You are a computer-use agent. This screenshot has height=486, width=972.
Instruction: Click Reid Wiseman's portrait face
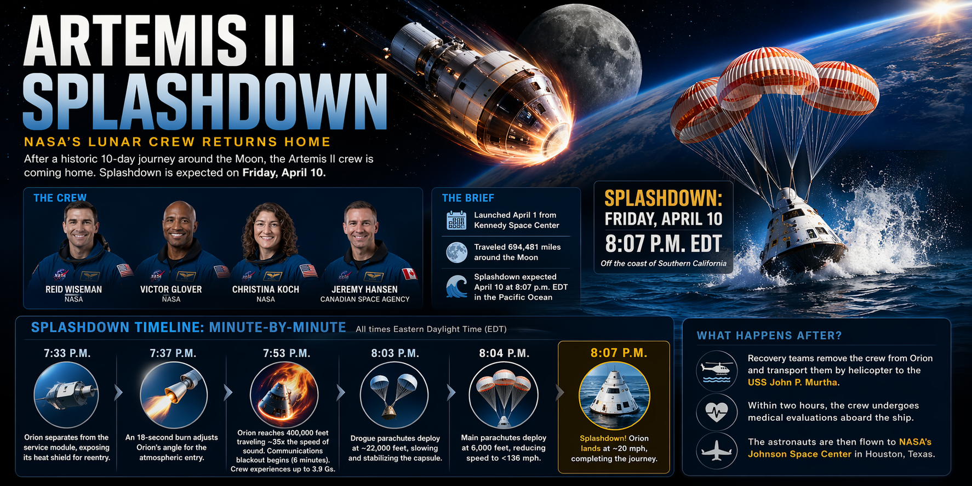pyautogui.click(x=80, y=226)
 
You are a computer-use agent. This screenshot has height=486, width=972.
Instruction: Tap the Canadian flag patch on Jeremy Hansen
pyautogui.click(x=409, y=273)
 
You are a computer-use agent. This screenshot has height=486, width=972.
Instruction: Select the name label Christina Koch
pyautogui.click(x=266, y=289)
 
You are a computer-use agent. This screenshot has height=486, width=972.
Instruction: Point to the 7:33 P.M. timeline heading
pyautogui.click(x=67, y=353)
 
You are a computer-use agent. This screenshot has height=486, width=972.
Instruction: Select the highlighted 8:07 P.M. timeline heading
pyautogui.click(x=619, y=353)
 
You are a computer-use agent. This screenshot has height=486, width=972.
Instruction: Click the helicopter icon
pyautogui.click(x=717, y=371)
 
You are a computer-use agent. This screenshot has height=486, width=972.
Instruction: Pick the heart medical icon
pyautogui.click(x=717, y=411)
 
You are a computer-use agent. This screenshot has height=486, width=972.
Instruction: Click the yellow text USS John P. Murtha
pyautogui.click(x=792, y=382)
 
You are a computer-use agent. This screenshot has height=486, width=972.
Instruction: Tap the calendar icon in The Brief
pyautogui.click(x=456, y=220)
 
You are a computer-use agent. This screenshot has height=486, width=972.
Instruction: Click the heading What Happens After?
pyautogui.click(x=769, y=335)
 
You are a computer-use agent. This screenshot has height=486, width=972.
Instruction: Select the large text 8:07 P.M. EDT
pyautogui.click(x=664, y=243)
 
